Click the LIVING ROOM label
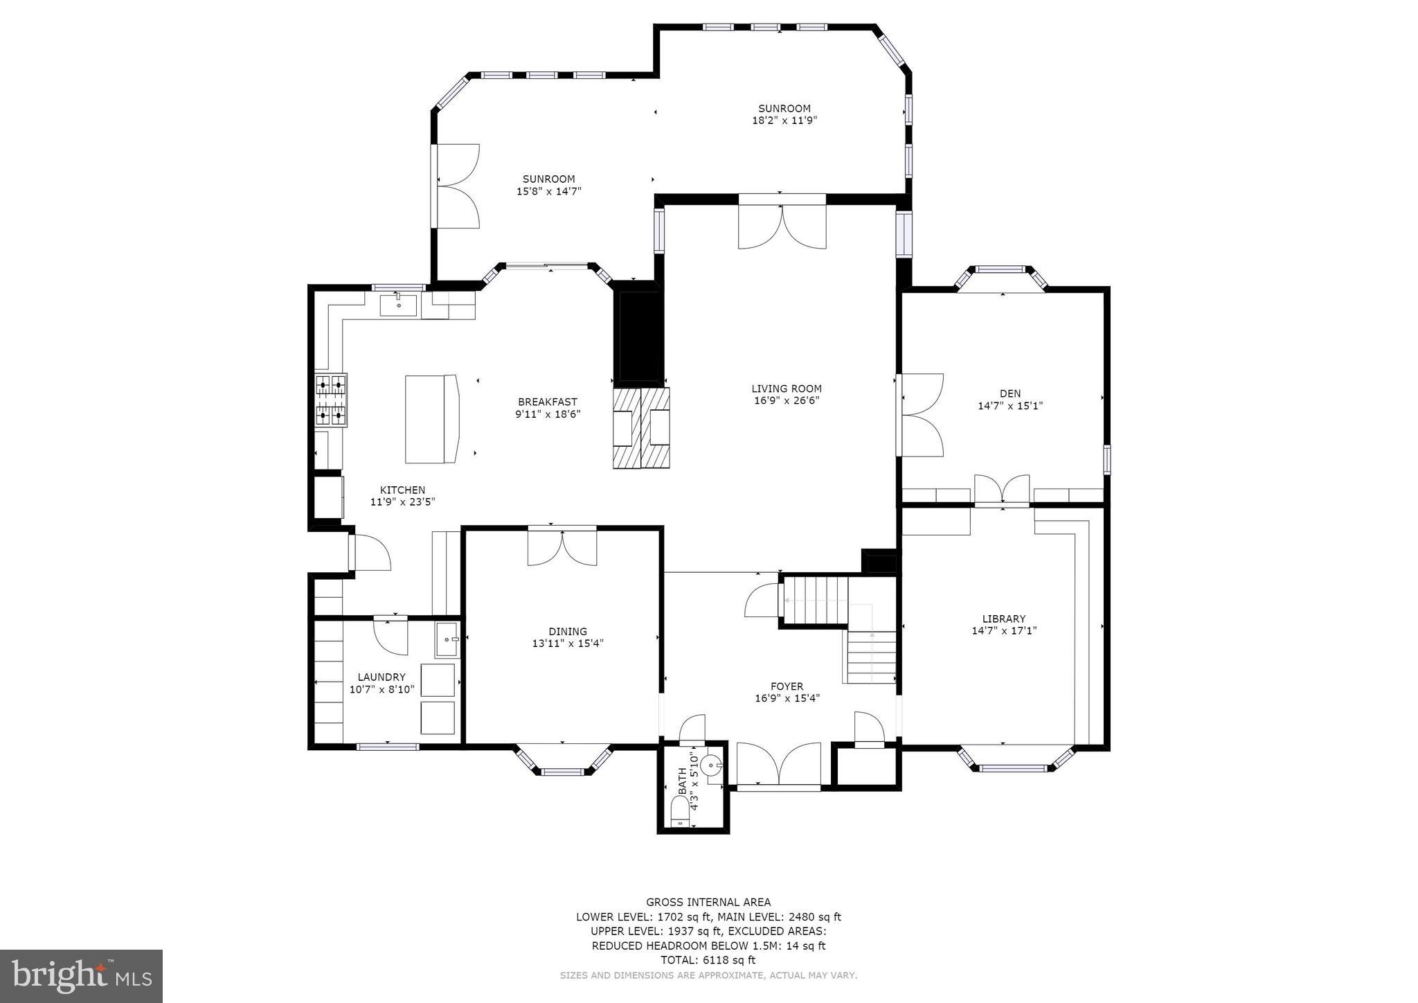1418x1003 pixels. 787,389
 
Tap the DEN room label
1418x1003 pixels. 1009,393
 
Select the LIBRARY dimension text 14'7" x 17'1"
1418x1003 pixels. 1004,631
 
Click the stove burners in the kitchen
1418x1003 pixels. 331,400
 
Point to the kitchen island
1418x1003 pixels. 431,419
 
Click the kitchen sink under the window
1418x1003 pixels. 398,304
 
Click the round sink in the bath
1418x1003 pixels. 711,765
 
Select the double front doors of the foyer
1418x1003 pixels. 779,764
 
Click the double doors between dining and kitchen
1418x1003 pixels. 562,547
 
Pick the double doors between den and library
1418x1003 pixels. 1002,489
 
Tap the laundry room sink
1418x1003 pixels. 447,640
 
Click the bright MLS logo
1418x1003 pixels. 81,976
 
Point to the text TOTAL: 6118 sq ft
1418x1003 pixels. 708,960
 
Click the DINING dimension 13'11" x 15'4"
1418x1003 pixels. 568,643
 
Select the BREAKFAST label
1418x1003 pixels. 547,402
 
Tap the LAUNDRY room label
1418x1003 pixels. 382,677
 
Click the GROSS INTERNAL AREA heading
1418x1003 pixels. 708,902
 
